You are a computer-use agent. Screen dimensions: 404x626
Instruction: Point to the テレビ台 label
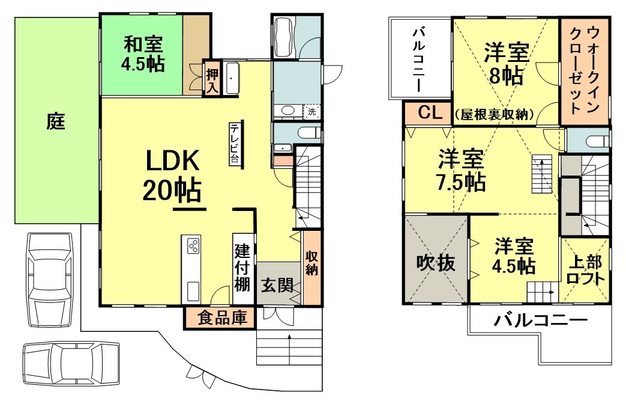pyautogui.click(x=233, y=144)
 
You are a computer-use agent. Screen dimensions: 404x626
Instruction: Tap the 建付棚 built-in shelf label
pyautogui.click(x=242, y=268)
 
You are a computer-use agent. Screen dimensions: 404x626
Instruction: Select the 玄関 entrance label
pyautogui.click(x=277, y=284)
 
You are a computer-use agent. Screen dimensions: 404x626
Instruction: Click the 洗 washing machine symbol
pyautogui.click(x=311, y=111)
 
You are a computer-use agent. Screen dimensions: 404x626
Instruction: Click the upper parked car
pyautogui.click(x=50, y=278)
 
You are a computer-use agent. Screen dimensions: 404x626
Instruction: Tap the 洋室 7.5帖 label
pyautogui.click(x=460, y=171)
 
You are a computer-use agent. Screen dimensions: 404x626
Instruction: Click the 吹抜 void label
pyautogui.click(x=436, y=263)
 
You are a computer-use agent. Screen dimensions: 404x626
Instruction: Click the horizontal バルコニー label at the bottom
pyautogui.click(x=540, y=321)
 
